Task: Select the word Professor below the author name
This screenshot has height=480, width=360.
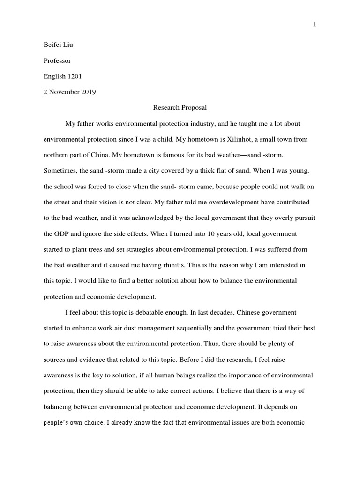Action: [57, 61]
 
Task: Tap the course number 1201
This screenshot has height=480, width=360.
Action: [75, 76]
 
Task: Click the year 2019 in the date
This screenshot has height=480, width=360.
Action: [88, 92]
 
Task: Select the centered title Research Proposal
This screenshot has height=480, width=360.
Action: [180, 108]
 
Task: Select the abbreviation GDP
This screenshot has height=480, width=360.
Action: [63, 233]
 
